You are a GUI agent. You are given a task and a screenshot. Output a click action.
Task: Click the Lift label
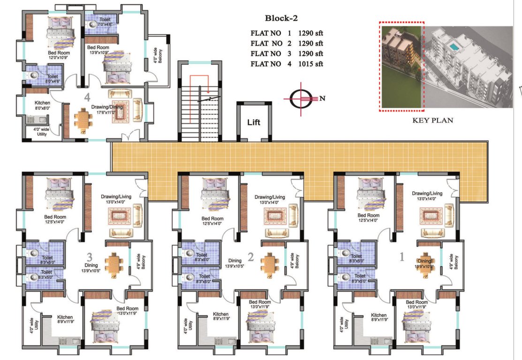point(254,123)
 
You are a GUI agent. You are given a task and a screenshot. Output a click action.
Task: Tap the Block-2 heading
point(281,19)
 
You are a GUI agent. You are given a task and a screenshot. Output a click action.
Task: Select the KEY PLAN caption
point(432,120)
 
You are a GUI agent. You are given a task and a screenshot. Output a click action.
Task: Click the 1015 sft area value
point(311,64)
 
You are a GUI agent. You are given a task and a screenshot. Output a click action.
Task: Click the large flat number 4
point(87,98)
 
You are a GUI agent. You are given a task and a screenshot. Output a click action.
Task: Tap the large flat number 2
point(250,257)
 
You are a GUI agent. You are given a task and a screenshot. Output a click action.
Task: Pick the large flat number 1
point(401,257)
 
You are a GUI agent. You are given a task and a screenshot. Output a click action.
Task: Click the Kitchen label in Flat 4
point(42,103)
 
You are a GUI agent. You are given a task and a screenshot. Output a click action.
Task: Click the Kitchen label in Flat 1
point(378,315)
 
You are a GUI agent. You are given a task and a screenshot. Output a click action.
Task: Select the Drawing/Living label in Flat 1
point(427,193)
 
